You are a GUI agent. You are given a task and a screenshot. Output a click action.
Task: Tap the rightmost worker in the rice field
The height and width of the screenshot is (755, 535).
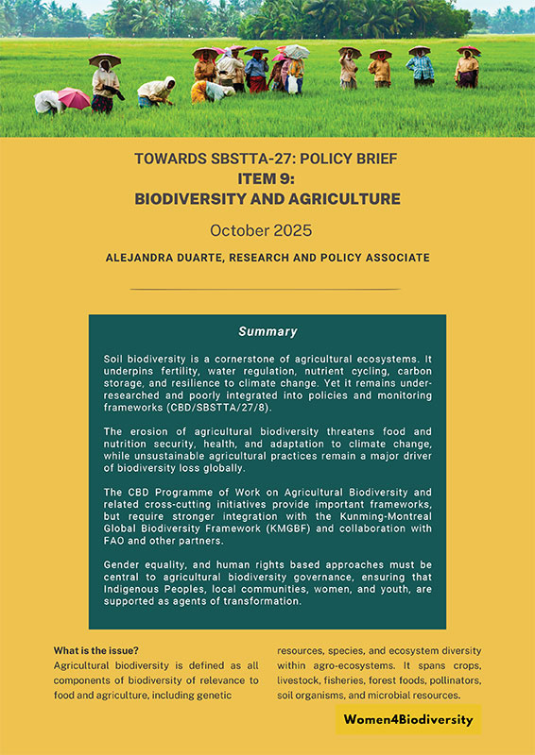[x=467, y=69]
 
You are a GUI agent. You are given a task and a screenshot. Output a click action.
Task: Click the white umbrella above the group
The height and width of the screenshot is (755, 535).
[x=296, y=51]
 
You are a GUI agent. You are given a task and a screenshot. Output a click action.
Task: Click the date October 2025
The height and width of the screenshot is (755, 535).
[x=267, y=229]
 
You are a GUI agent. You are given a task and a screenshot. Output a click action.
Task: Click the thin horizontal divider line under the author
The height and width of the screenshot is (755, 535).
[x=267, y=289]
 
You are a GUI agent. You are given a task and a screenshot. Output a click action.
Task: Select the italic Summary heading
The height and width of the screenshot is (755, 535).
[x=267, y=331]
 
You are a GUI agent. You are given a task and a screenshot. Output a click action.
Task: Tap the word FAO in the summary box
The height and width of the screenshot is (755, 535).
[x=113, y=543]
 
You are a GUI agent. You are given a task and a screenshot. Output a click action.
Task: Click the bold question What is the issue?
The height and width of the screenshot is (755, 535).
[x=96, y=651]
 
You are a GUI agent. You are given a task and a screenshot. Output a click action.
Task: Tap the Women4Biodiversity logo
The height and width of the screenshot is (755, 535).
[x=407, y=720]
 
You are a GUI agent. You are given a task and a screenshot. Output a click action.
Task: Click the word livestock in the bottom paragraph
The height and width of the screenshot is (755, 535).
[x=303, y=680]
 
